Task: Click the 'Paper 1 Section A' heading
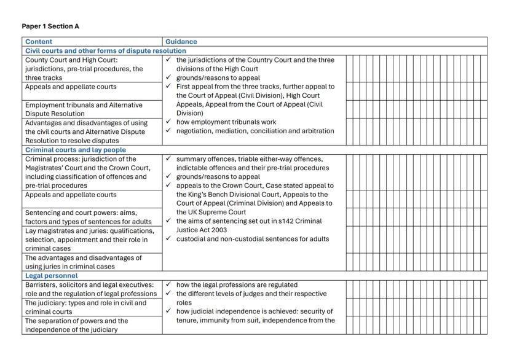(x=50, y=26)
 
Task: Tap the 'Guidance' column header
(x=181, y=42)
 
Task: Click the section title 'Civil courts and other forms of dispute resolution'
(x=105, y=50)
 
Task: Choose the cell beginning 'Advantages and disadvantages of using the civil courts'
(x=86, y=131)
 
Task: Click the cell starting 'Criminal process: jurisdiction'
(x=86, y=173)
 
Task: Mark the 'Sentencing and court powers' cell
(x=86, y=217)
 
